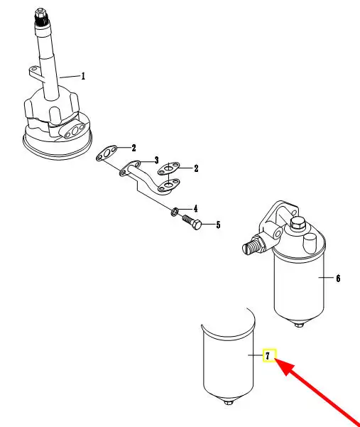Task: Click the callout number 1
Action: [x=83, y=76]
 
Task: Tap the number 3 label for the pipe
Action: [x=156, y=160]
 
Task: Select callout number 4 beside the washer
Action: [x=195, y=209]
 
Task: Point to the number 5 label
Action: [x=218, y=225]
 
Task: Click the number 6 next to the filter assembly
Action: [x=338, y=278]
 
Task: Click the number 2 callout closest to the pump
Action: [x=133, y=148]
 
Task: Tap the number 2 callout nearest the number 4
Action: [x=196, y=168]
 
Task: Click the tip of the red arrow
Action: [x=275, y=359]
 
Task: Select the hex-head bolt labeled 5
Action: [x=192, y=222]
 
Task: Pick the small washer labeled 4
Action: [x=175, y=211]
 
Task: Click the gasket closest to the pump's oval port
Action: [x=107, y=153]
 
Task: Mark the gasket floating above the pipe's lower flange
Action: [x=169, y=168]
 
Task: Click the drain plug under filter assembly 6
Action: [x=299, y=324]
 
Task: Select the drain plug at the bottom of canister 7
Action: [x=228, y=402]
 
